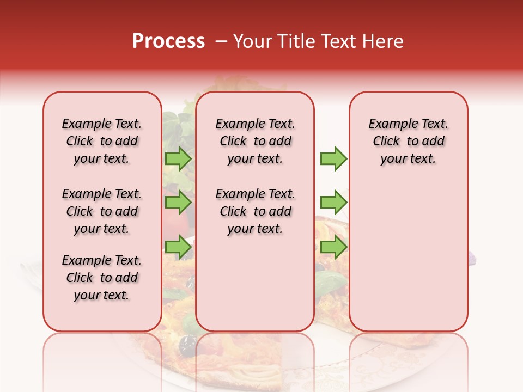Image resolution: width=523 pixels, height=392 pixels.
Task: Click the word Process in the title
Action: coord(168,41)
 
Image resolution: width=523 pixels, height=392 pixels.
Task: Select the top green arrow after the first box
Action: coord(178,159)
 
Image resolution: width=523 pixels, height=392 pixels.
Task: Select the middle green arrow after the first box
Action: coord(178,203)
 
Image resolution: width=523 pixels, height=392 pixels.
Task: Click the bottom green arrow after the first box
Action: coord(178,247)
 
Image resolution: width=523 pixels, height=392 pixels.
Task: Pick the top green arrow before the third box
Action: coord(333,159)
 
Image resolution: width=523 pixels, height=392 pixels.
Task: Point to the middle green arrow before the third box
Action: coord(333,203)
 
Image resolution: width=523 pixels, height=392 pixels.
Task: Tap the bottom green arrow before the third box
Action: coord(333,247)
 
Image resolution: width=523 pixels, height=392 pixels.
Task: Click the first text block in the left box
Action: coord(102,141)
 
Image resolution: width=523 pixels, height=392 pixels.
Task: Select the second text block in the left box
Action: coord(102,211)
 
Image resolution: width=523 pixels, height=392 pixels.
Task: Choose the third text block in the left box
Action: coord(102,278)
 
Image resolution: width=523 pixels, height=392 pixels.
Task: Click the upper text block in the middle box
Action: coord(255,141)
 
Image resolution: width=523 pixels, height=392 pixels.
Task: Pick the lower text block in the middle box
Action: coord(255,211)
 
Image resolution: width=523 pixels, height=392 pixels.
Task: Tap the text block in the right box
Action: coord(408,141)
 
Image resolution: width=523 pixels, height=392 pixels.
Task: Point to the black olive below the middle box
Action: coord(188,343)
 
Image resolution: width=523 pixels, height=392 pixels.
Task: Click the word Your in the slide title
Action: coord(252,41)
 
